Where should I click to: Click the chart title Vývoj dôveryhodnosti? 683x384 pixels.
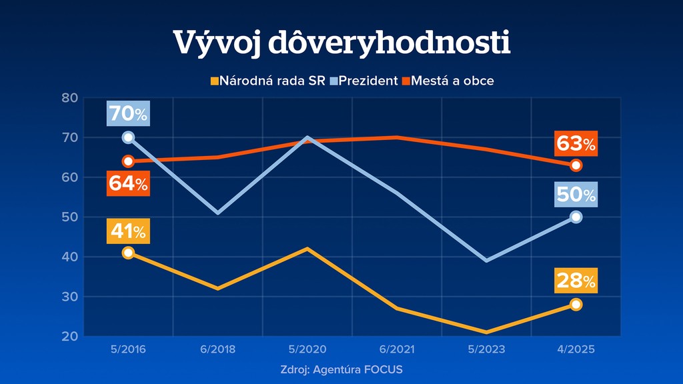(x=341, y=43)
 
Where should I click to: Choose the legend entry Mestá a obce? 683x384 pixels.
(x=452, y=81)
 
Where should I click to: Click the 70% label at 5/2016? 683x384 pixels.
(x=128, y=114)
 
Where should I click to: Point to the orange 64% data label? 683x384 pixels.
(x=128, y=184)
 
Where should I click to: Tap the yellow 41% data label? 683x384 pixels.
(x=128, y=232)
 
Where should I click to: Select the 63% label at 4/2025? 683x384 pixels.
(x=576, y=143)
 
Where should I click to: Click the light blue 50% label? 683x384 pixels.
(x=576, y=195)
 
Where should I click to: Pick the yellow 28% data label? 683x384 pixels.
(x=576, y=281)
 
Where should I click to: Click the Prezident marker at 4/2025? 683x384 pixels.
(x=576, y=217)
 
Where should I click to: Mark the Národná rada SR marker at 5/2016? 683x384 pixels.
(x=128, y=253)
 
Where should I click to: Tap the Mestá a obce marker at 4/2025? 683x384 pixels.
(x=576, y=165)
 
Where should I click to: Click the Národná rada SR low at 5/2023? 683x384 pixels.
(x=487, y=332)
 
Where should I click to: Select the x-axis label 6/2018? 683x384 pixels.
(x=217, y=350)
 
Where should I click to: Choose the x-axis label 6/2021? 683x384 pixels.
(x=397, y=350)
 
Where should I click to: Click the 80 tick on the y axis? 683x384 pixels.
(x=71, y=98)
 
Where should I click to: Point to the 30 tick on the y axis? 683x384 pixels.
(x=71, y=297)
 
